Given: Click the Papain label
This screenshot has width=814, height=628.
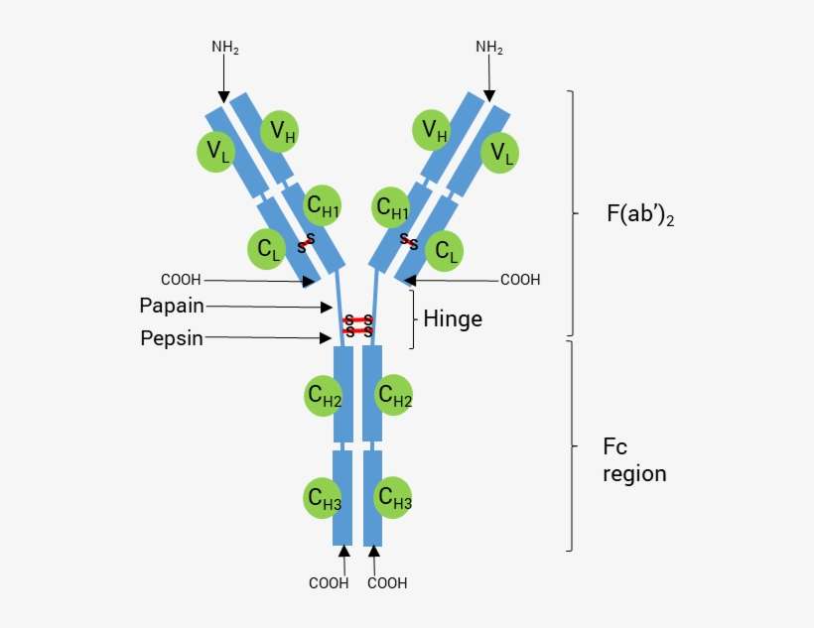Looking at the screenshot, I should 173,306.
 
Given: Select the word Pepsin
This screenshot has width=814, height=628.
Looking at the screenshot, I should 172,338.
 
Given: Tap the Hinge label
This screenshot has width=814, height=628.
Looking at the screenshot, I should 453,319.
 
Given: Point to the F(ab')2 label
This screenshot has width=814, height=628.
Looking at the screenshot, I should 639,214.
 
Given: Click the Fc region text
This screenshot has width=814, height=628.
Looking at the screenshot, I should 634,460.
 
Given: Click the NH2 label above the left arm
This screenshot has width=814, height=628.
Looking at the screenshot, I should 225,47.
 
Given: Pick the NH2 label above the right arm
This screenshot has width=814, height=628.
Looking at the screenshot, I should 489,47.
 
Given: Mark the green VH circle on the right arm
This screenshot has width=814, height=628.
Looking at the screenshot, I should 434,130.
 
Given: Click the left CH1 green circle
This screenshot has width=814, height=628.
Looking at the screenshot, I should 323,205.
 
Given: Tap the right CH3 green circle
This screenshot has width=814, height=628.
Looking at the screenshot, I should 394,498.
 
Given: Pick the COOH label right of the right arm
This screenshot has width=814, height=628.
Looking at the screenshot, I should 519,280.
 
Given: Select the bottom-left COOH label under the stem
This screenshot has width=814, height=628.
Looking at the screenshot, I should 329,583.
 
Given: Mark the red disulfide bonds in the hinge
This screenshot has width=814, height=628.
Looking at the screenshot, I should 358,325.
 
